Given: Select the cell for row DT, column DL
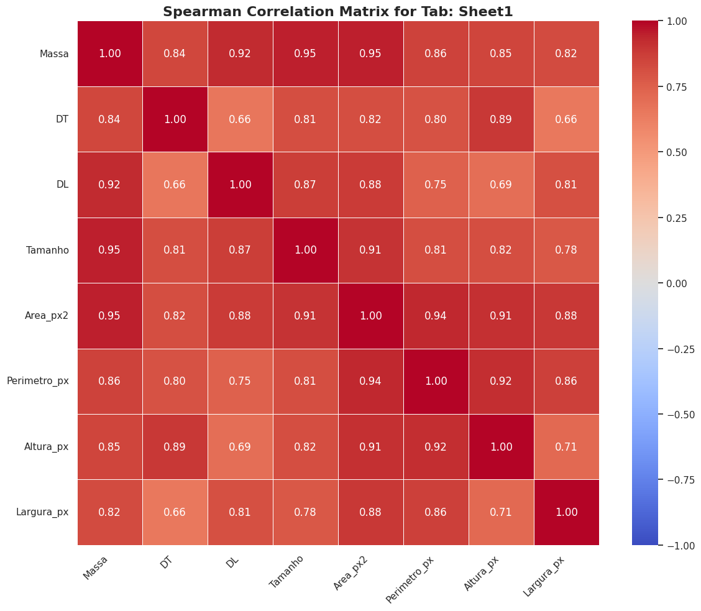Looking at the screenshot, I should point(240,119).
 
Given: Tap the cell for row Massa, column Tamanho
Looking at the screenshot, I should point(305,53).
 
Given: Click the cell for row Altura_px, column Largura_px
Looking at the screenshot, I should point(566,447).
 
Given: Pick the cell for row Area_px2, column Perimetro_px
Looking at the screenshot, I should point(436,316).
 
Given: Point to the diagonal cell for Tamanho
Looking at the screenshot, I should point(305,250).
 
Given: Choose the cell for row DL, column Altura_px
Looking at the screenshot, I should point(501,185).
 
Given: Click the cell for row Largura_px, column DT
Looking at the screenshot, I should point(175,512).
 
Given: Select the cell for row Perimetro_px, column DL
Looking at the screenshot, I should point(240,381).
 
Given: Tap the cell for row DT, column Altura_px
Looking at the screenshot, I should point(501,119).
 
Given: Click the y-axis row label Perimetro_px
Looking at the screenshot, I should point(38,381).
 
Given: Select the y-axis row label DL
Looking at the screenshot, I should point(62,185).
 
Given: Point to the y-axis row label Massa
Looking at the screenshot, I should point(54,53).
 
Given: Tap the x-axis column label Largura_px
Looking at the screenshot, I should point(544,576).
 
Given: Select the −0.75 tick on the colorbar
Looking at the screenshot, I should point(679,480).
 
